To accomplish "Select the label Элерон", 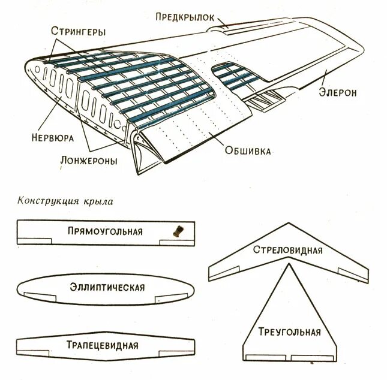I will (x=338, y=92).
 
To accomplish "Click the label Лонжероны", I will (x=89, y=161).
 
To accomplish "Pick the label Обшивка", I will (x=247, y=150).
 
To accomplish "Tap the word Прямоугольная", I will (x=105, y=231).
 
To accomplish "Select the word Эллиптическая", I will (x=107, y=287).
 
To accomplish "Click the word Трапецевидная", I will (x=107, y=345).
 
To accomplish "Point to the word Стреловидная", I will (x=287, y=250).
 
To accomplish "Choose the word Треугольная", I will (x=289, y=332).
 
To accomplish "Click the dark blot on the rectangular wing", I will (x=178, y=231).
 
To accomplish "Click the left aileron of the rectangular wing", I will (x=29, y=242).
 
